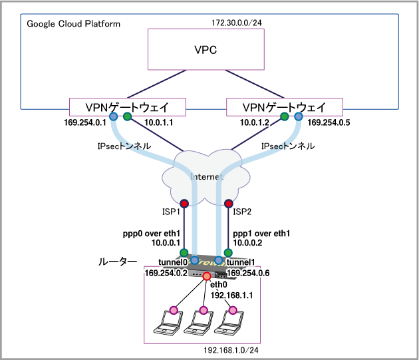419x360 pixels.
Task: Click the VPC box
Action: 206,51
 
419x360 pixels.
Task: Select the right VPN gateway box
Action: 284,106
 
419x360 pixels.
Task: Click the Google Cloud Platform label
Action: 74,24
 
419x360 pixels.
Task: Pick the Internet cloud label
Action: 206,176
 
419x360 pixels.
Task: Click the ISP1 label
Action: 172,212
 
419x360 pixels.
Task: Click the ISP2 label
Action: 243,212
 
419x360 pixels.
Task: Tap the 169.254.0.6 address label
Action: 249,272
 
